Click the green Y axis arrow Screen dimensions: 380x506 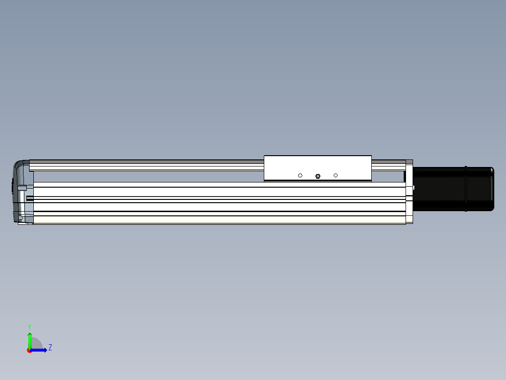pyautogui.click(x=30, y=340)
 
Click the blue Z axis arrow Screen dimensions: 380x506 pyautogui.click(x=40, y=350)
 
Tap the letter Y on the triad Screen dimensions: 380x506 pyautogui.click(x=30, y=326)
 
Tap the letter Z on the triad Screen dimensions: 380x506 pyautogui.click(x=50, y=348)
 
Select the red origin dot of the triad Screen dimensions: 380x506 pyautogui.click(x=29, y=350)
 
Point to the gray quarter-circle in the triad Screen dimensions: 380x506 pyautogui.click(x=37, y=344)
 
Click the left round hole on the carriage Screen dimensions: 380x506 pyautogui.click(x=300, y=175)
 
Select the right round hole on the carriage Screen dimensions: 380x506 pyautogui.click(x=336, y=175)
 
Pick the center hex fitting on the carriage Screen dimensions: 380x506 pyautogui.click(x=318, y=176)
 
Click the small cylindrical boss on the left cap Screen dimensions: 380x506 pyautogui.click(x=22, y=187)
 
